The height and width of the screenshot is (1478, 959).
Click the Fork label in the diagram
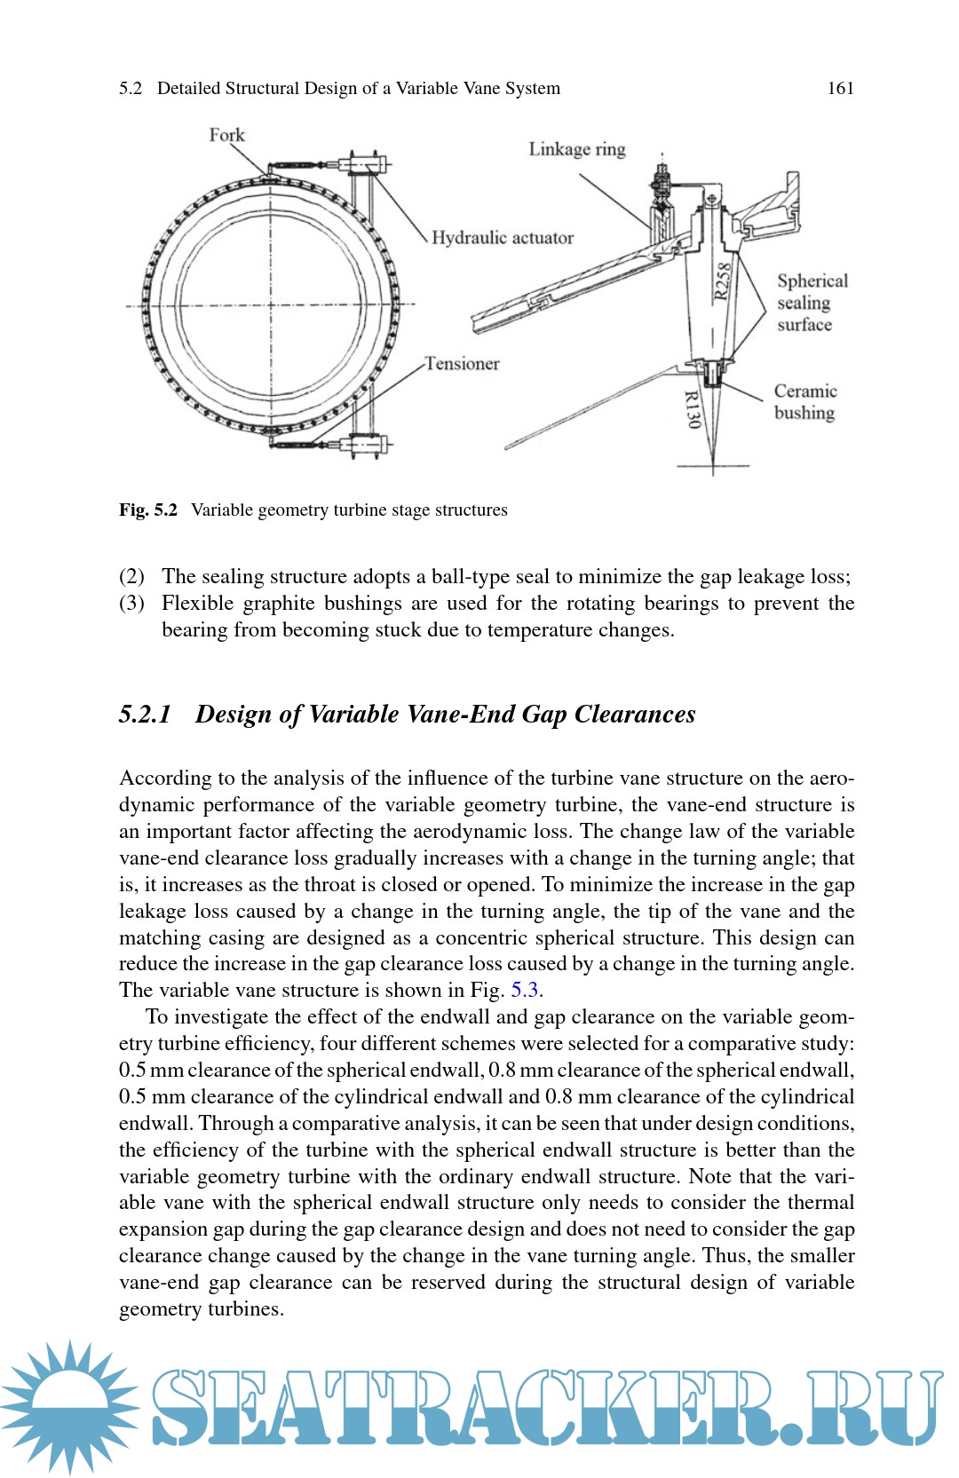click(226, 135)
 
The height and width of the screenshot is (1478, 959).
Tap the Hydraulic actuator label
click(503, 238)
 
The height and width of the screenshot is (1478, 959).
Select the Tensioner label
click(462, 364)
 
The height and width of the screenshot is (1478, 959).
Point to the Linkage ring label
click(577, 149)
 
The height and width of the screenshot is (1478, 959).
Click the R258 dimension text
click(724, 281)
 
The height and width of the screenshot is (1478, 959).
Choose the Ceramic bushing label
click(804, 402)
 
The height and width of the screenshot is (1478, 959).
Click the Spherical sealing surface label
click(812, 303)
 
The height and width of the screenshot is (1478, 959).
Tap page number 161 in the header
click(840, 88)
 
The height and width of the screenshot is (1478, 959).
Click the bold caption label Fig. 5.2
click(148, 510)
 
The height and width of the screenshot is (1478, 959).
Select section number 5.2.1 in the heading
click(145, 715)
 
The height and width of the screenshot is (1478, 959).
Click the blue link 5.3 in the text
click(525, 991)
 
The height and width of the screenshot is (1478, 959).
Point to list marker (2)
click(131, 577)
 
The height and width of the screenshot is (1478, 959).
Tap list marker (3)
click(131, 604)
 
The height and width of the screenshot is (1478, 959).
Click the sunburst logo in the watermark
click(69, 1406)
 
